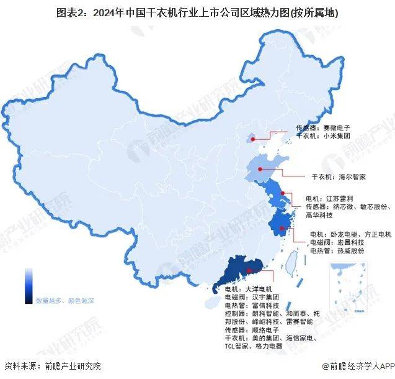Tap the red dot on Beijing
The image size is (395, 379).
252,139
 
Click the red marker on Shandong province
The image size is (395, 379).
261,168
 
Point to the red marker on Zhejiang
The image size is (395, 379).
282,228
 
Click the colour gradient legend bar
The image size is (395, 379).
29,284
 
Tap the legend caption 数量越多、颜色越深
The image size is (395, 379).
65,300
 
